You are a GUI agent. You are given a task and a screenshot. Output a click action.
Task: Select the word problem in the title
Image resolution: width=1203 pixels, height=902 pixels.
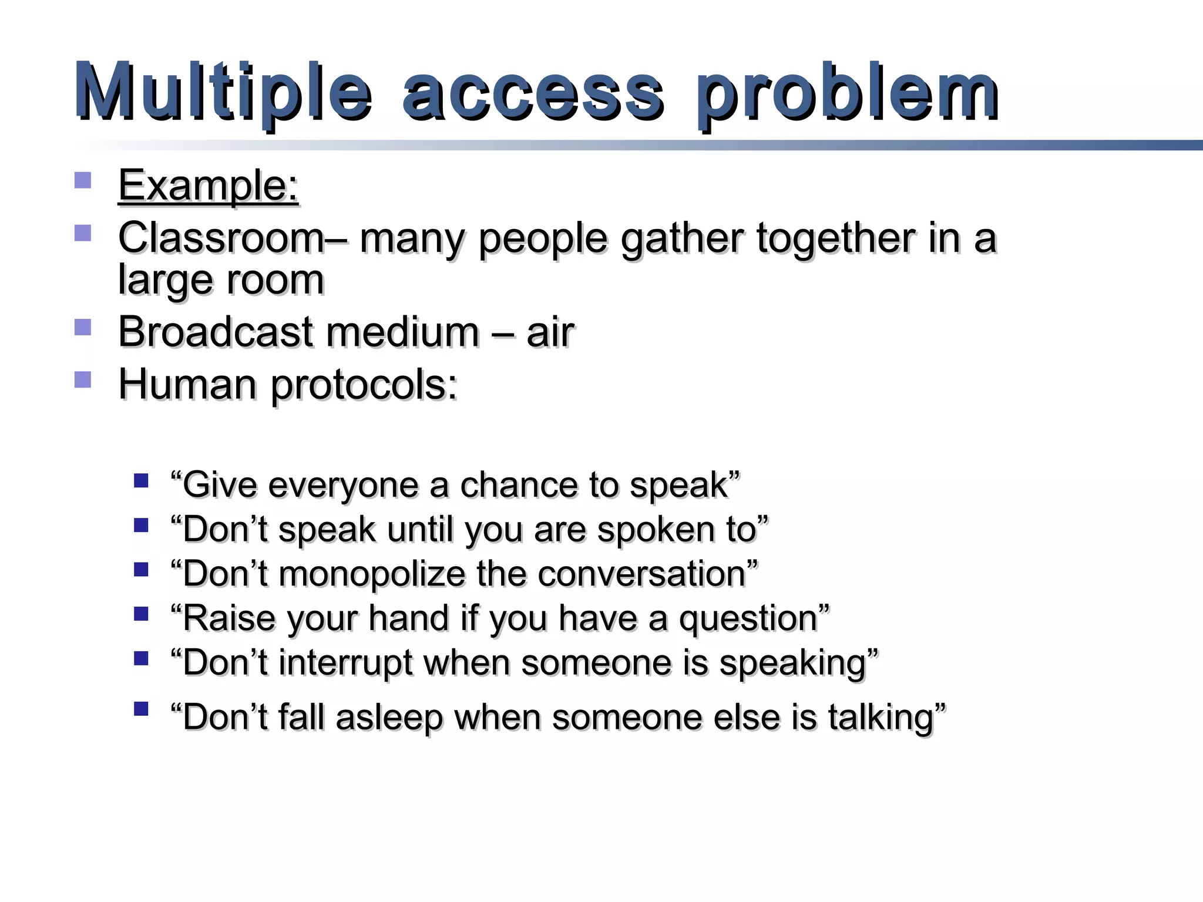click(x=847, y=94)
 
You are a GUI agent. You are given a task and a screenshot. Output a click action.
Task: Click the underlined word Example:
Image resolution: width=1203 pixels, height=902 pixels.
click(x=209, y=187)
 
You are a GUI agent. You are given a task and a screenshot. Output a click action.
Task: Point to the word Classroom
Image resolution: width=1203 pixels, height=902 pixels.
click(x=221, y=238)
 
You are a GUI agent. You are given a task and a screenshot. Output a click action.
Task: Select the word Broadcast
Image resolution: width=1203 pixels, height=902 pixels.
click(x=215, y=332)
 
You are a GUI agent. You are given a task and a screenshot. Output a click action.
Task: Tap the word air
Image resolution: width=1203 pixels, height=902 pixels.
click(x=550, y=332)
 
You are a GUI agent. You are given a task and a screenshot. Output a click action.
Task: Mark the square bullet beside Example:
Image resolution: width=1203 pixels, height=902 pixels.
click(x=83, y=180)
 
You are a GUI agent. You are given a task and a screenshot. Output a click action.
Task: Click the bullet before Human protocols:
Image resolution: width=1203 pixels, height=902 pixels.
click(x=83, y=379)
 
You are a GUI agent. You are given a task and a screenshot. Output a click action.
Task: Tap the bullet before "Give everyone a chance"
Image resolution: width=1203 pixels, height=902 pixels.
click(x=141, y=482)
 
